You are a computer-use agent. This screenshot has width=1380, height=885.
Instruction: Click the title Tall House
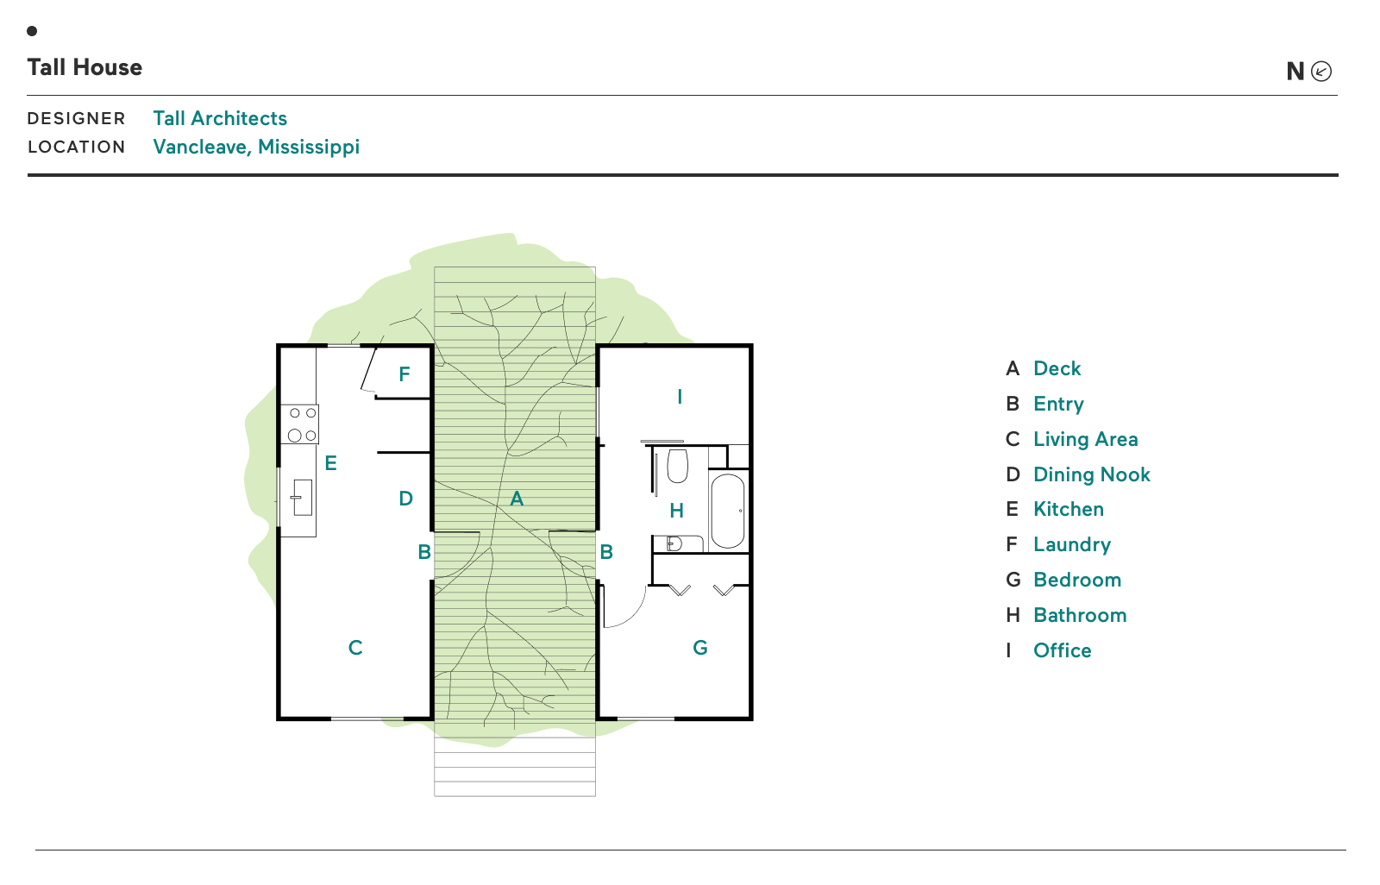pyautogui.click(x=85, y=67)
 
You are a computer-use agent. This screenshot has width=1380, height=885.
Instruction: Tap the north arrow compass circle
pyautogui.click(x=1320, y=72)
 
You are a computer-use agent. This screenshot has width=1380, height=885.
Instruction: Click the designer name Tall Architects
pyautogui.click(x=220, y=118)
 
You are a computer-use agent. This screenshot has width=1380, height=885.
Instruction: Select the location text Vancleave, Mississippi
pyautogui.click(x=256, y=147)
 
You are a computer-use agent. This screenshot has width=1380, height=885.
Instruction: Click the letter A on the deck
pyautogui.click(x=517, y=499)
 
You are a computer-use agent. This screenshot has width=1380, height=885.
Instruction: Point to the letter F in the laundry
pyautogui.click(x=405, y=374)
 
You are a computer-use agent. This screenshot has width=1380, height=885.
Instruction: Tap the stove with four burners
pyautogui.click(x=300, y=424)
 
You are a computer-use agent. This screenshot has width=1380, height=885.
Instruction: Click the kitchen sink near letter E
pyautogui.click(x=301, y=498)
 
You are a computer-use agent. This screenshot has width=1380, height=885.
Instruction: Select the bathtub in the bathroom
pyautogui.click(x=728, y=511)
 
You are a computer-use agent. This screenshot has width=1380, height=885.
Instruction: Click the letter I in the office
pyautogui.click(x=680, y=397)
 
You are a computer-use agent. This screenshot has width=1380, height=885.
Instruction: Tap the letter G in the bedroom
pyautogui.click(x=700, y=648)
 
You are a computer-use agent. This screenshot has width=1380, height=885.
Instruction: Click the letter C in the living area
pyautogui.click(x=355, y=648)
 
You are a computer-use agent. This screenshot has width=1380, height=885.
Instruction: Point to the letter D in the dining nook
pyautogui.click(x=406, y=499)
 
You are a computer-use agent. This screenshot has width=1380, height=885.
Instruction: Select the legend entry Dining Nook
pyautogui.click(x=1091, y=474)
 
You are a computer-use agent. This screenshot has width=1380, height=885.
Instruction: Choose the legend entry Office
pyautogui.click(x=1062, y=650)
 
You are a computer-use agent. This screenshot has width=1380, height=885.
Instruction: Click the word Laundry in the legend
pyautogui.click(x=1071, y=544)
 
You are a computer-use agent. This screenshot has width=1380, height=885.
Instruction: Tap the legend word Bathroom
pyautogui.click(x=1080, y=615)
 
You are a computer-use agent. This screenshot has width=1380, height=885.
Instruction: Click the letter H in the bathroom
pyautogui.click(x=677, y=511)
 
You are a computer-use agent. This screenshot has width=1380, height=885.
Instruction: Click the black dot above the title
pyautogui.click(x=32, y=31)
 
